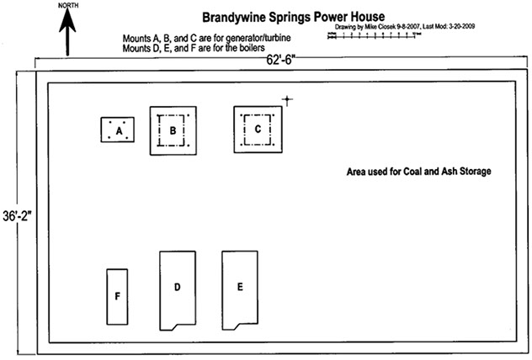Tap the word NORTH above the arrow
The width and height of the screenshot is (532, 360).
tap(68, 5)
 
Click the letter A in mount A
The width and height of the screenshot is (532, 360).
tap(120, 131)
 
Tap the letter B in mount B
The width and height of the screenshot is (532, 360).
tap(173, 130)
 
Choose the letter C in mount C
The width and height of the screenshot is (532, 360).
tap(258, 130)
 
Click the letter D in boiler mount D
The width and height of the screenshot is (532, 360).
tap(177, 288)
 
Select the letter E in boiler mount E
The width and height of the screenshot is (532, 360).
tap(240, 287)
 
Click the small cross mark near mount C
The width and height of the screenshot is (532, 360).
tap(287, 101)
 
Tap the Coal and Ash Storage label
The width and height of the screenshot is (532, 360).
tap(418, 172)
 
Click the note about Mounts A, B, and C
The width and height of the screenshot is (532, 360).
tap(201, 39)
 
